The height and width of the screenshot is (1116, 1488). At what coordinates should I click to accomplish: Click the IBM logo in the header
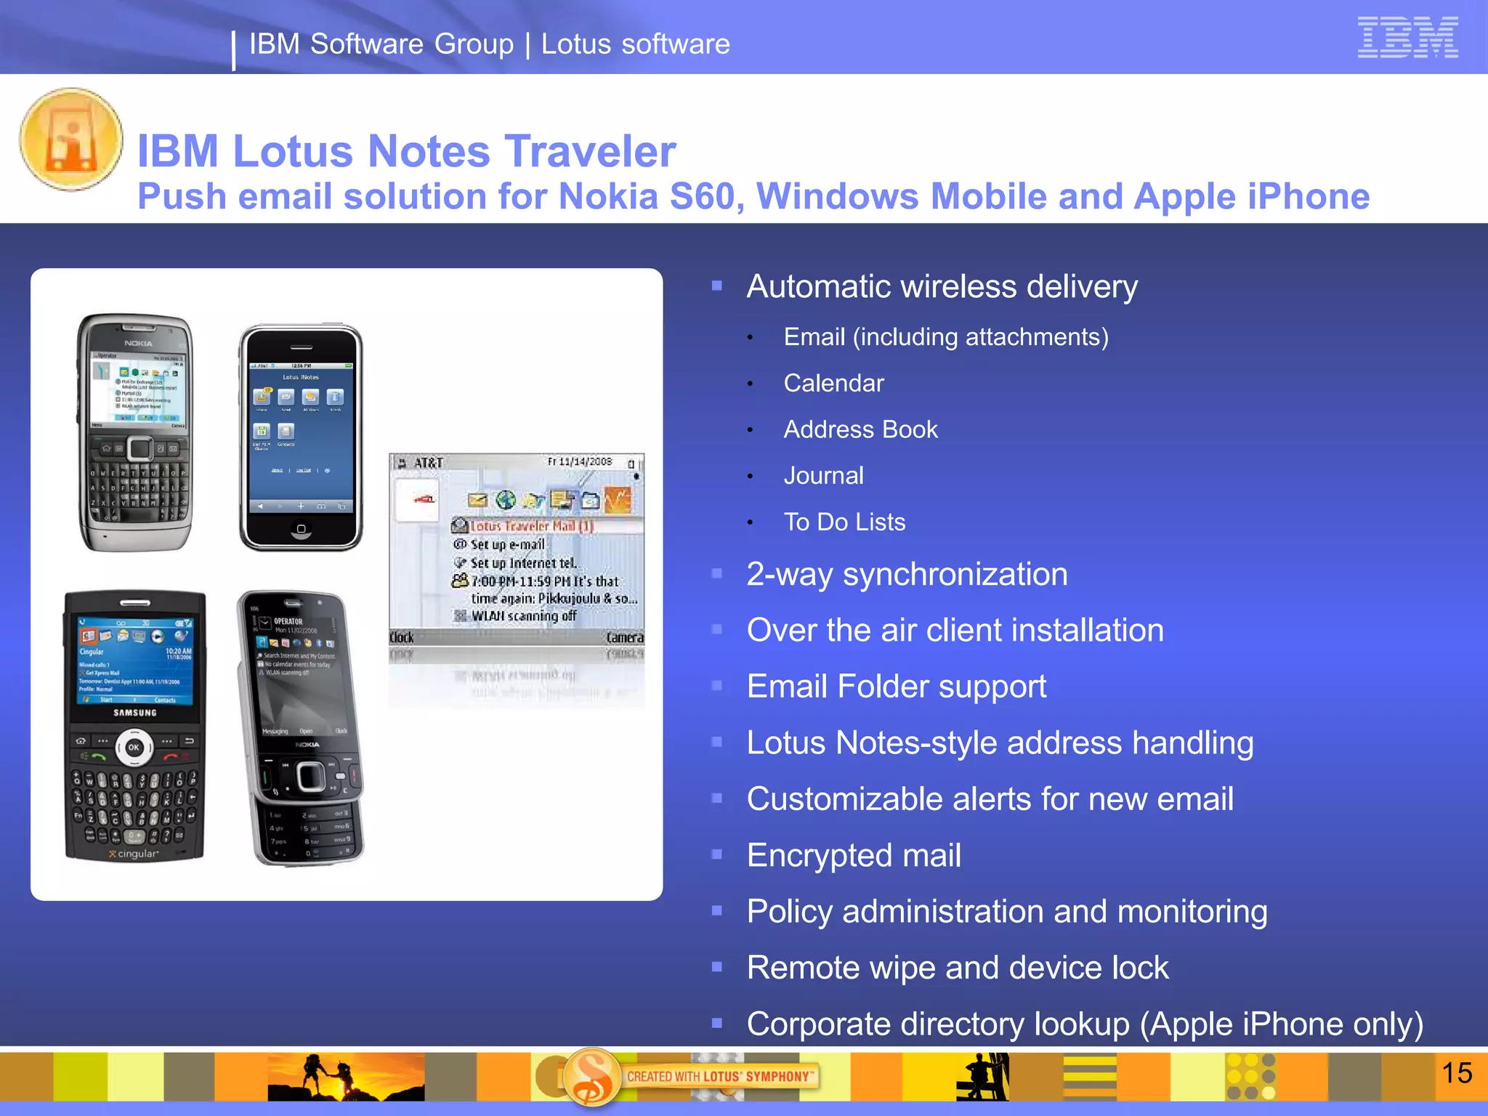[x=1407, y=37]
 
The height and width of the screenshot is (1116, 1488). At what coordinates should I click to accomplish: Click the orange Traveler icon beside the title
[x=71, y=139]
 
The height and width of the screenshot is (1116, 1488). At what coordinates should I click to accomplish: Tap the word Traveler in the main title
[x=590, y=151]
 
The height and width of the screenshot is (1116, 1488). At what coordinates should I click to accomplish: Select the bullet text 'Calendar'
[x=833, y=383]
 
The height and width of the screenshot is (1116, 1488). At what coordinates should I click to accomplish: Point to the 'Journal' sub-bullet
[x=823, y=475]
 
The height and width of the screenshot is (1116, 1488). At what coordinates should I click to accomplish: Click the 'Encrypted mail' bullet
[x=854, y=855]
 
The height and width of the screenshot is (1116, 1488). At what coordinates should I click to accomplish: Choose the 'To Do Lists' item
[x=844, y=522]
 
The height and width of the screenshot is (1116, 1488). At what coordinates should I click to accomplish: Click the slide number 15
[x=1456, y=1073]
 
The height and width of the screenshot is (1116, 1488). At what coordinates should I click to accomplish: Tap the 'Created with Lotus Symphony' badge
[x=719, y=1076]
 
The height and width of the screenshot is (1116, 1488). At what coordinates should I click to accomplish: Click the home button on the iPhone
[x=301, y=529]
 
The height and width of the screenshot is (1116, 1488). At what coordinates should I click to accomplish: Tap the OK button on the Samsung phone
[x=134, y=747]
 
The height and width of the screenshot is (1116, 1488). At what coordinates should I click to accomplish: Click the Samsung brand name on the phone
[x=135, y=713]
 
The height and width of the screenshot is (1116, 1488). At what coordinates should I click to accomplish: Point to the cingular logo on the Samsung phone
[x=134, y=854]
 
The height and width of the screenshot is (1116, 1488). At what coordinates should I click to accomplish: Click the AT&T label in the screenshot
[x=429, y=463]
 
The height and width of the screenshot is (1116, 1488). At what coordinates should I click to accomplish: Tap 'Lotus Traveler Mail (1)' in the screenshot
[x=531, y=525]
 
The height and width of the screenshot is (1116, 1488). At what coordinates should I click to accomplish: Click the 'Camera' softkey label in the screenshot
[x=625, y=637]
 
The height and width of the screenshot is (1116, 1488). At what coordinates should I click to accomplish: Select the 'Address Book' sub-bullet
[x=860, y=429]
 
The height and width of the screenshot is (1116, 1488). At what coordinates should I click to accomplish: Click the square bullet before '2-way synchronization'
[x=717, y=574]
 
